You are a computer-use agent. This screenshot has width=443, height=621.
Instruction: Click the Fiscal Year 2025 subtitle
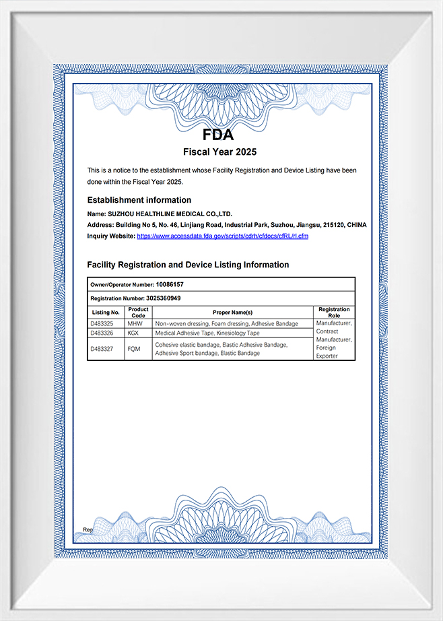(x=219, y=152)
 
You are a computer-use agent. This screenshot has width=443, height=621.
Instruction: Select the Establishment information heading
(x=139, y=200)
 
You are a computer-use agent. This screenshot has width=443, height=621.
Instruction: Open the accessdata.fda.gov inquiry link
(x=222, y=236)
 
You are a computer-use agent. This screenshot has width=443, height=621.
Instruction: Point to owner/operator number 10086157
(x=169, y=285)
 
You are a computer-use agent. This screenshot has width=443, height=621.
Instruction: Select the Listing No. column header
(x=106, y=313)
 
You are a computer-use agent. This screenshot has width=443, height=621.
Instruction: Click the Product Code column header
(x=138, y=313)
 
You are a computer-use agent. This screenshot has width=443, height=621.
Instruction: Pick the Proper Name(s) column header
(x=232, y=313)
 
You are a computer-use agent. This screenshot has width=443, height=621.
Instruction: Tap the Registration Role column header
(x=334, y=313)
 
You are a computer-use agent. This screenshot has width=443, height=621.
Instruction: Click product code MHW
(x=135, y=324)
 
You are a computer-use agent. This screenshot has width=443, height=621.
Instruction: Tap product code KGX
(x=135, y=333)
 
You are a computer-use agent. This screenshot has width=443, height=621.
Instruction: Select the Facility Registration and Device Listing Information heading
(x=188, y=265)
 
